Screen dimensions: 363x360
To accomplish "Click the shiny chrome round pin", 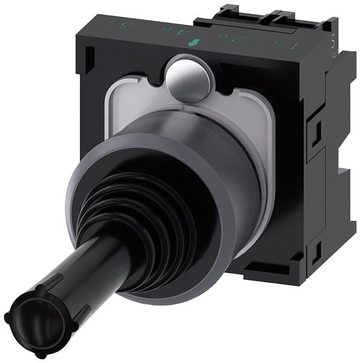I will coord(188,77).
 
